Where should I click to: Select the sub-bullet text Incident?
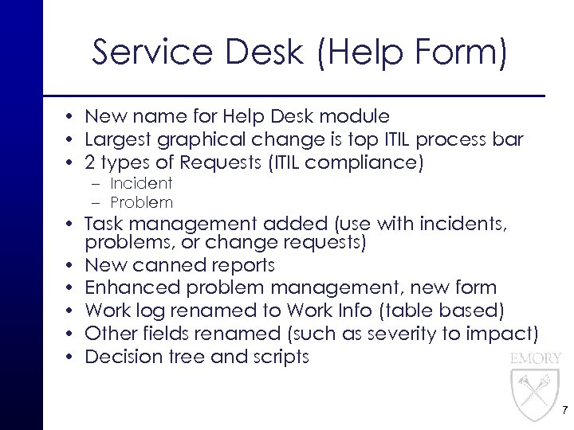coord(141,183)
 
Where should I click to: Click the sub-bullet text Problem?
coord(142,202)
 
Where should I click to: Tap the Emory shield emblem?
coord(533,393)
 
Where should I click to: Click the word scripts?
coord(279,356)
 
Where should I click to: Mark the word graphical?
coord(195,140)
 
